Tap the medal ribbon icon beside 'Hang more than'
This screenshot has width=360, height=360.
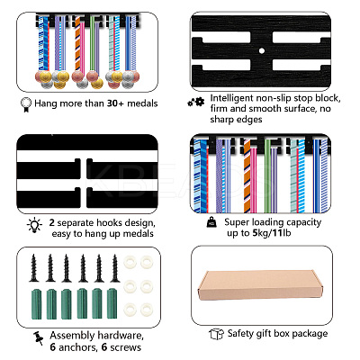click(26, 104)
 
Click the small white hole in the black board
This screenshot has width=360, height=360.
click(262, 50)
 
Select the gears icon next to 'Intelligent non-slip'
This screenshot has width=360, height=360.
click(196, 103)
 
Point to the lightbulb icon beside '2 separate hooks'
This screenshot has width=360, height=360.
click(34, 225)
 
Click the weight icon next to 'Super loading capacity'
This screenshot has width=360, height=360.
click(211, 221)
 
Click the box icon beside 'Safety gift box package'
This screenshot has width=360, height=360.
click(216, 334)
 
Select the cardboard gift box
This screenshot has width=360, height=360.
click(260, 284)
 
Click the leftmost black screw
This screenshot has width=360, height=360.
click(34, 268)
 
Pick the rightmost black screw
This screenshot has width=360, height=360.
click(115, 268)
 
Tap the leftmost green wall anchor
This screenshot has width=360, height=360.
click(36, 304)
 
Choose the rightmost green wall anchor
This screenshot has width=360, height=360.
click(112, 304)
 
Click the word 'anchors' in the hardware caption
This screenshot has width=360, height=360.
click(77, 347)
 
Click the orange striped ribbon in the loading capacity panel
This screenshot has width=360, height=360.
click(247, 176)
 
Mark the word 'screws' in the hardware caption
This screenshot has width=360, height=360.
click(125, 347)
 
